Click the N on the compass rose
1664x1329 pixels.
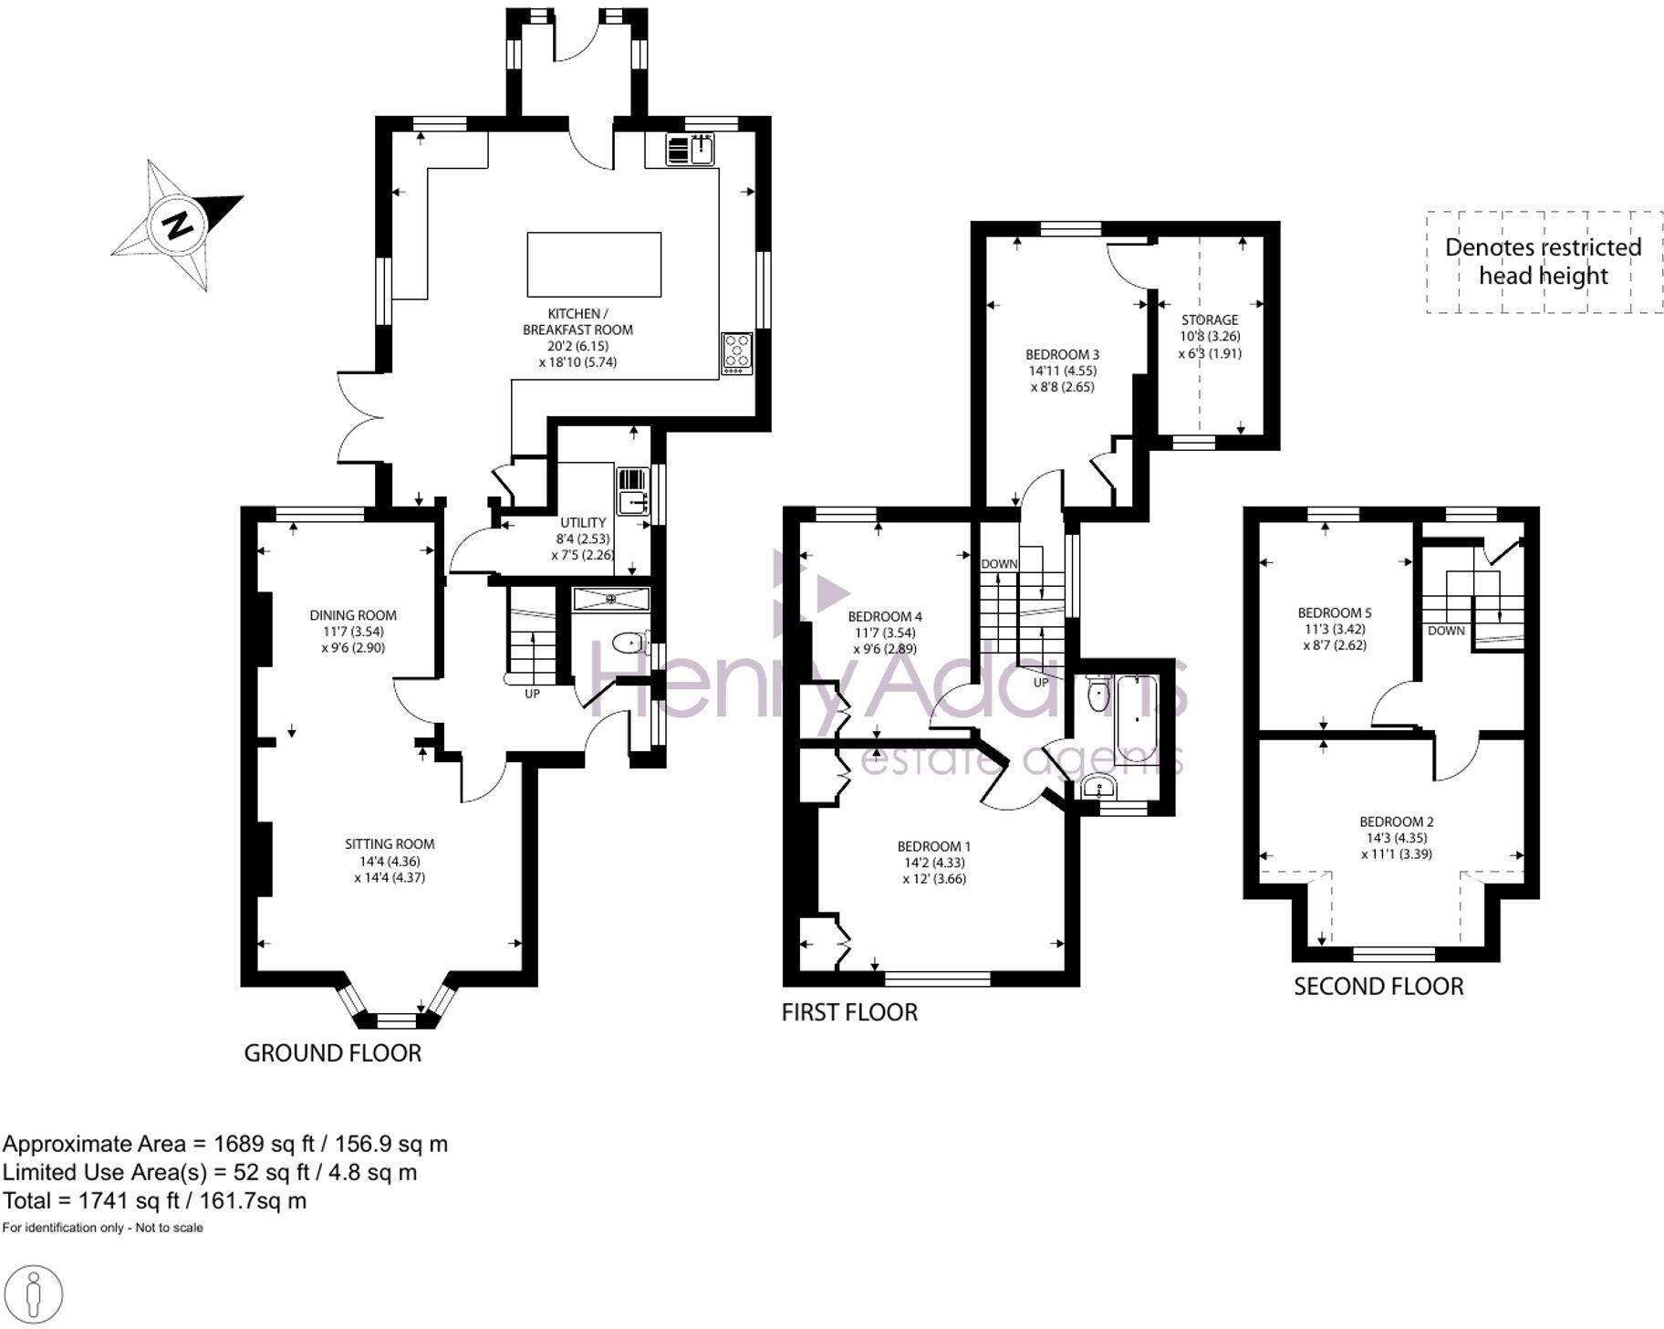179,224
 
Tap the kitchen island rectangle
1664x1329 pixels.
594,265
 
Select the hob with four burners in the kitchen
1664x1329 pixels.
737,352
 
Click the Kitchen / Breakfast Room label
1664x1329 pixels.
577,321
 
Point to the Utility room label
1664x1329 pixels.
583,523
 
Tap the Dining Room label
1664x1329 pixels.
353,615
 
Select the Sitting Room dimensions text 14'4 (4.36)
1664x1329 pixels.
390,861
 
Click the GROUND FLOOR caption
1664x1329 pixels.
332,1053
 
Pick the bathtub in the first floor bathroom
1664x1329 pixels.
1135,719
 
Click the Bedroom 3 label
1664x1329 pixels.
1062,354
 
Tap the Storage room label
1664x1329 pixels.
1210,319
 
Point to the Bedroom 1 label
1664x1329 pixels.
934,846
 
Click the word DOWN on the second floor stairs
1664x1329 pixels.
1446,631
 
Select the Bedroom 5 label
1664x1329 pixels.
1335,612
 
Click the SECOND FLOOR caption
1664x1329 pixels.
1378,987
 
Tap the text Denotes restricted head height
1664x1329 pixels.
1543,261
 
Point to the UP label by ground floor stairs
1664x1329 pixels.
532,694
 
